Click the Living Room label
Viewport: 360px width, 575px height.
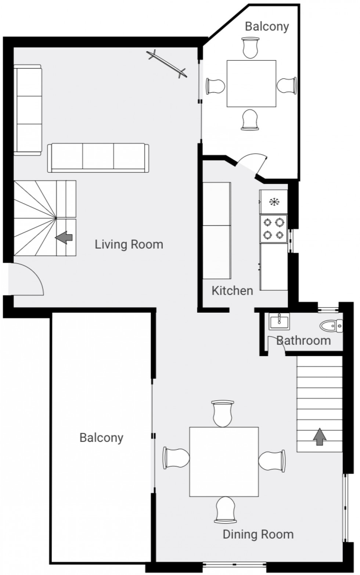[x=129, y=244]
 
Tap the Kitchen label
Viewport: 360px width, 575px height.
[x=232, y=291]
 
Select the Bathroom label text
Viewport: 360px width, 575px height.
[x=303, y=340]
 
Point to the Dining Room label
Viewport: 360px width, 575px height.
[x=258, y=534]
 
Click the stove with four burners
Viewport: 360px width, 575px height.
[x=273, y=229]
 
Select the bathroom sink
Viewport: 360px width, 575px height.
[x=279, y=321]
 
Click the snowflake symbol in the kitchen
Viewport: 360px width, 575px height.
[x=274, y=202]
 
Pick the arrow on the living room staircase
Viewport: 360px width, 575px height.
[x=64, y=238]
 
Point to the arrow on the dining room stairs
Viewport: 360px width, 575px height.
[x=320, y=436]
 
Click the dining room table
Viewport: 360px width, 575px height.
[x=224, y=461]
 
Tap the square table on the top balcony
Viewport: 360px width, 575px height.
[x=251, y=84]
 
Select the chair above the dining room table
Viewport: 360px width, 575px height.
[x=223, y=413]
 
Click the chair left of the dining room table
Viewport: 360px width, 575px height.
[x=176, y=457]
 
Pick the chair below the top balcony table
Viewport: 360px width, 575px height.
[x=250, y=120]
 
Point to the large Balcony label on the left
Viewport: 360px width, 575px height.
[x=101, y=438]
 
